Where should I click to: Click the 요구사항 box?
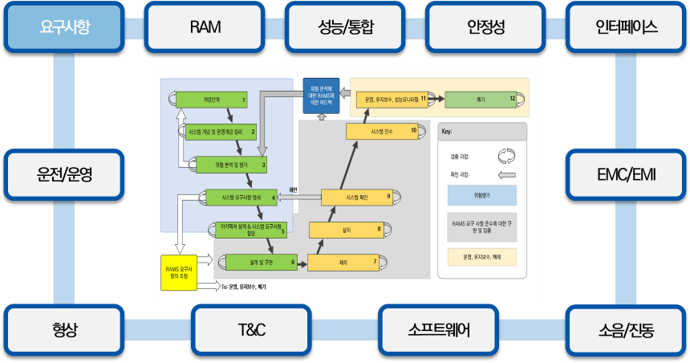pyautogui.click(x=65, y=27)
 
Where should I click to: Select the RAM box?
pyautogui.click(x=205, y=27)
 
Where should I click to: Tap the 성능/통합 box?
pyautogui.click(x=345, y=27)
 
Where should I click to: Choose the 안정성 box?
pyautogui.click(x=485, y=27)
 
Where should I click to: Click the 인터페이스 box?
pyautogui.click(x=626, y=27)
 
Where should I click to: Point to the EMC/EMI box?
pyautogui.click(x=626, y=174)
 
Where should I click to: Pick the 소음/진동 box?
pyautogui.click(x=626, y=330)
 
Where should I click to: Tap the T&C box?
pyautogui.click(x=251, y=330)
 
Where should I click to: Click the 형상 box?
pyautogui.click(x=65, y=330)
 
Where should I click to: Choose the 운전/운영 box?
pyautogui.click(x=65, y=174)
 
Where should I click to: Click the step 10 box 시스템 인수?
pyautogui.click(x=383, y=131)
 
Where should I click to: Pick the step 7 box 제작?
pyautogui.click(x=343, y=261)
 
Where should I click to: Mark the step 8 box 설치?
pyautogui.click(x=347, y=230)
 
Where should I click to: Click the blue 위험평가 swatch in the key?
pyautogui.click(x=481, y=195)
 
